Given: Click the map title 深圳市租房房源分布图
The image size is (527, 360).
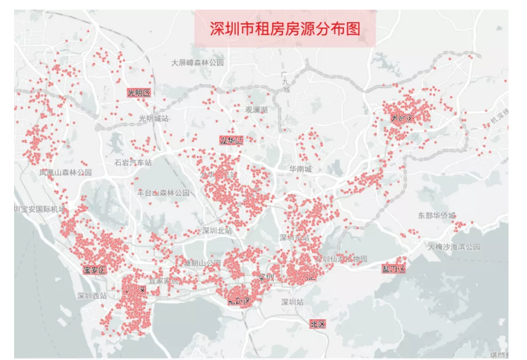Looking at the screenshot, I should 285,29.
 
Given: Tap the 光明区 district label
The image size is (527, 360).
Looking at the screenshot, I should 139,93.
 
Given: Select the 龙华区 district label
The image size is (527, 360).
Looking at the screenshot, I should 231,140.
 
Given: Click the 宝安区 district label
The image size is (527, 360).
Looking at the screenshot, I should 96,270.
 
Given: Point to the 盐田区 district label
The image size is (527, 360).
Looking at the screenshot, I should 393,268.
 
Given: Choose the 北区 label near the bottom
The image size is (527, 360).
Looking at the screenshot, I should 317,324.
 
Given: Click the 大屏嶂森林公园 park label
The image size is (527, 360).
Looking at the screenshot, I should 197,63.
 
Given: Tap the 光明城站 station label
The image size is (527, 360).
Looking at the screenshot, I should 153,118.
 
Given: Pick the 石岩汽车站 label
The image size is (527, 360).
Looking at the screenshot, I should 133,162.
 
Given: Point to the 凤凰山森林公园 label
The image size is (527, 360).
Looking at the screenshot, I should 66,172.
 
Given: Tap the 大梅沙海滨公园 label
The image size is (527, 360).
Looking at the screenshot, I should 454,246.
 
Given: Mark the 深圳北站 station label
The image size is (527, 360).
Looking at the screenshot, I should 217,230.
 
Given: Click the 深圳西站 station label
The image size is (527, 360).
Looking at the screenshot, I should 92,296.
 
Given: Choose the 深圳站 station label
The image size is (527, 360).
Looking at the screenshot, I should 293,302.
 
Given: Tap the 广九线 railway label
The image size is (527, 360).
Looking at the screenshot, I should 286,81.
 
